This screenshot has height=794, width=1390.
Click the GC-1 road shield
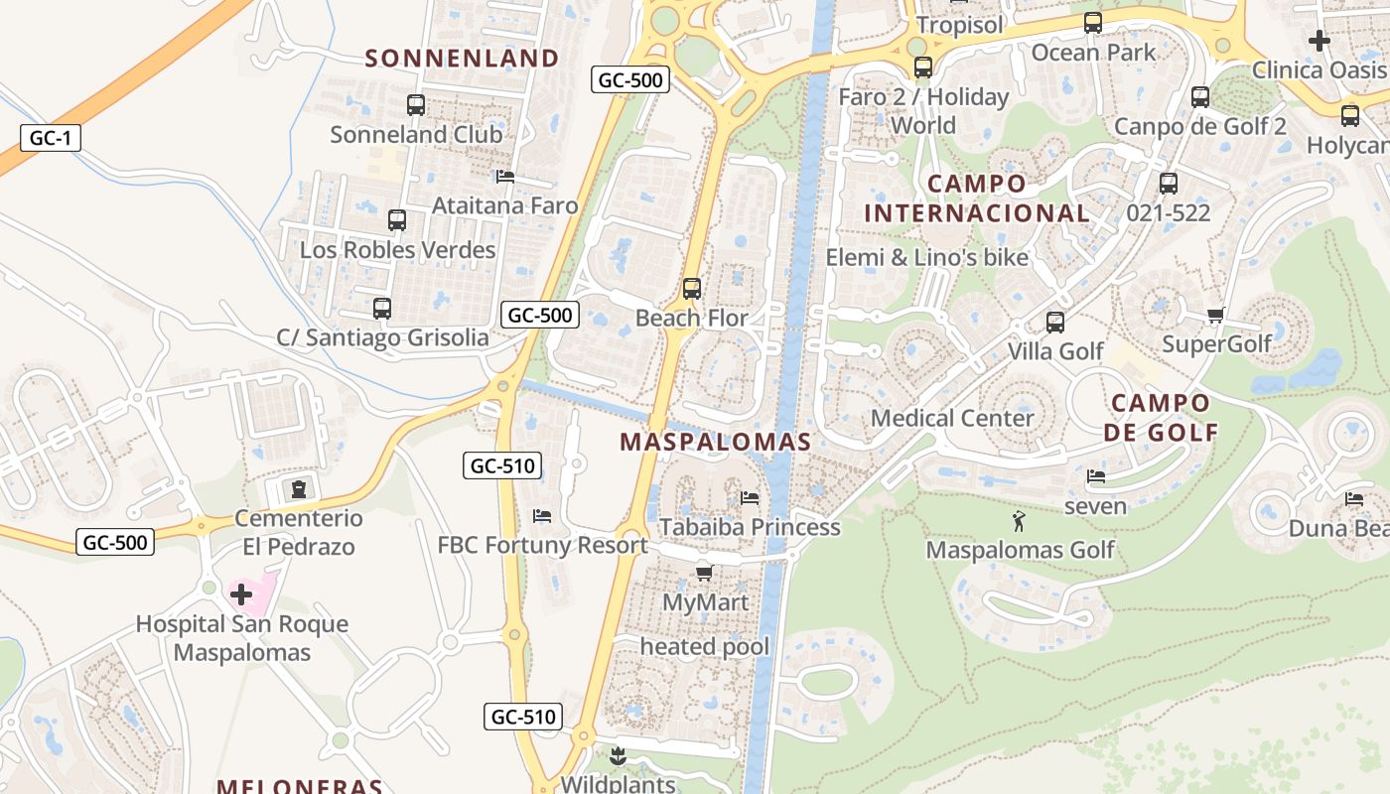[50, 138]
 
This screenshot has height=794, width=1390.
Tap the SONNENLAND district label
[462, 59]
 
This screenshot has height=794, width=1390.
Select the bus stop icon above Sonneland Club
[416, 104]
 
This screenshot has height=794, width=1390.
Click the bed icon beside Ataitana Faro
[504, 177]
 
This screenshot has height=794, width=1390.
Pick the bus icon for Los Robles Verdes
[397, 220]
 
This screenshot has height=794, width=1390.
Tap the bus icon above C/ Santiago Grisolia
[382, 309]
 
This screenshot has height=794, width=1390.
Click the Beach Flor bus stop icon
[692, 289]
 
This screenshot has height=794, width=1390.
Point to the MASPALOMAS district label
[715, 442]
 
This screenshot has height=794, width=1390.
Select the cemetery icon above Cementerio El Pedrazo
[298, 488]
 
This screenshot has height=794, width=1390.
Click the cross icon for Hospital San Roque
[241, 595]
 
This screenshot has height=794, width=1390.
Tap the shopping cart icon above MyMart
[705, 572]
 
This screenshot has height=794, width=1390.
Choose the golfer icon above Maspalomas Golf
[1019, 521]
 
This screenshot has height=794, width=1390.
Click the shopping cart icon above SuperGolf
[1215, 316]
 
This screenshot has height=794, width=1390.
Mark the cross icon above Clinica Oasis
[1319, 41]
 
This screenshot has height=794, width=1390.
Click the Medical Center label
[952, 418]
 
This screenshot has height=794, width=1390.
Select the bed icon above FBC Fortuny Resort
[542, 516]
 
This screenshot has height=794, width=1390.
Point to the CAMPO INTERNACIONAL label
[977, 198]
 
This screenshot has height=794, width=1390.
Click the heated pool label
[704, 647]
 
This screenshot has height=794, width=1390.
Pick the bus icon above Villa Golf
[1055, 323]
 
